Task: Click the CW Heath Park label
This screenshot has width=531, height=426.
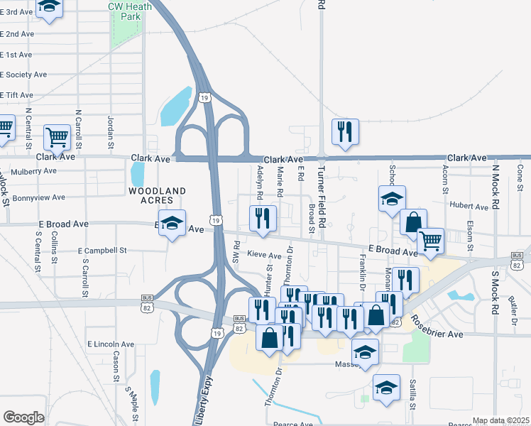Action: pyautogui.click(x=125, y=10)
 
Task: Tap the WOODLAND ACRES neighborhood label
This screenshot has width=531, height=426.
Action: pyautogui.click(x=157, y=196)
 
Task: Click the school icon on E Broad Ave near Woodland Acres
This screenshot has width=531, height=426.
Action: pyautogui.click(x=171, y=224)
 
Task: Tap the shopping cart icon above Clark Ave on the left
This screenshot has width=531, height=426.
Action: pyautogui.click(x=58, y=137)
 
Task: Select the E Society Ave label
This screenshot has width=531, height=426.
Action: pyautogui.click(x=24, y=74)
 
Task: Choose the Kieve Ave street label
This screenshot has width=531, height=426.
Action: pyautogui.click(x=264, y=254)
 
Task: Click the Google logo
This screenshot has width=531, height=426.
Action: pyautogui.click(x=23, y=417)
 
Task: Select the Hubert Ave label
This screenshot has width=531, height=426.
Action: pyautogui.click(x=469, y=207)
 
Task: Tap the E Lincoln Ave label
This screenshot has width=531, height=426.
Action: pyautogui.click(x=111, y=344)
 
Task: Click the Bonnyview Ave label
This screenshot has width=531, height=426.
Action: pyautogui.click(x=33, y=197)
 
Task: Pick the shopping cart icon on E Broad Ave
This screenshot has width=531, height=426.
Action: pyautogui.click(x=430, y=241)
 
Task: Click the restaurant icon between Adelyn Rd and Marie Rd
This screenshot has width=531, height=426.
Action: pyautogui.click(x=263, y=219)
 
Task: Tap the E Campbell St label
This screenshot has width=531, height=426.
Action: pyautogui.click(x=102, y=251)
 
